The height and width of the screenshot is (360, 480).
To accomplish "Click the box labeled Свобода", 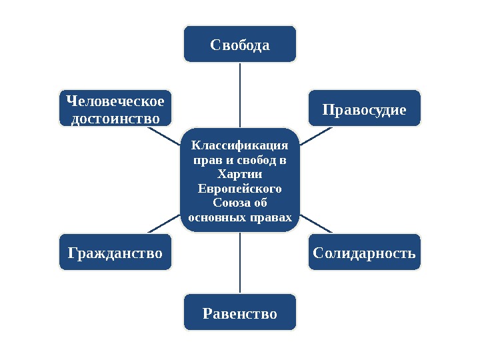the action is tap(240, 44).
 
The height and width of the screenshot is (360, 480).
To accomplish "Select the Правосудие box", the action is tap(365, 108).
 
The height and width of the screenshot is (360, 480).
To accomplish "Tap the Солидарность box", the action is tap(365, 253).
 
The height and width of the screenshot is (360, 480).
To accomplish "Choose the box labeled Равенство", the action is tap(240, 313).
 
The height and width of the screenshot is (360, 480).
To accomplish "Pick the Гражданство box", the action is tap(115, 253).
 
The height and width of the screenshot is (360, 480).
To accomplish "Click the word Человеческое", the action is tap(115, 101).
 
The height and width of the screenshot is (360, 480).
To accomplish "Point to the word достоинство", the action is tap(115, 118).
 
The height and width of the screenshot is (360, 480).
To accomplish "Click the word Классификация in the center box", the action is tap(240, 145).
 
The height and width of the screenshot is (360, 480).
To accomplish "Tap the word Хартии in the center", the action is tap(240, 174).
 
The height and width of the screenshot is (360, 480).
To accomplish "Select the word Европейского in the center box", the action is tap(240, 189).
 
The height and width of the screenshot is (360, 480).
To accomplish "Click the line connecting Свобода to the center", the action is tap(240, 93).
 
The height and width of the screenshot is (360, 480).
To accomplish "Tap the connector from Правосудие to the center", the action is tap(317, 135).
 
